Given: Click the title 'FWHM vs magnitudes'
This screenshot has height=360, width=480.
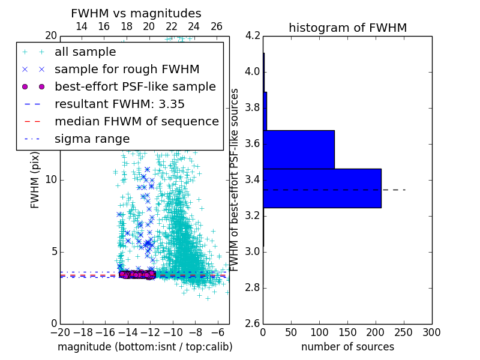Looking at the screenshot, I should (x=136, y=14).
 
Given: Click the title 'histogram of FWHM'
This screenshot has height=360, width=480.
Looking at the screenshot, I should (x=347, y=28).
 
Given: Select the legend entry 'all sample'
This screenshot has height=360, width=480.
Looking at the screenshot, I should (x=85, y=52).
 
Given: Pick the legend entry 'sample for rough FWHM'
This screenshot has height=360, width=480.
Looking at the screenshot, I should (x=127, y=70).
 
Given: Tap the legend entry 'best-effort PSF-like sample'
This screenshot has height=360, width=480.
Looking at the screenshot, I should (x=135, y=86).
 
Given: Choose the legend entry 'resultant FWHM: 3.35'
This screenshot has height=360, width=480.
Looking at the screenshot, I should (x=119, y=104).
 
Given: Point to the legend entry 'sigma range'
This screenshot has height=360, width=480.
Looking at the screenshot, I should (x=92, y=139).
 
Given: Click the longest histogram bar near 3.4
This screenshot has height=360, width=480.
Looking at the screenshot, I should (x=322, y=188).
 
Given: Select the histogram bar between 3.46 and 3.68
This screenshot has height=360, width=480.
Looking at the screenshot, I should (x=298, y=149).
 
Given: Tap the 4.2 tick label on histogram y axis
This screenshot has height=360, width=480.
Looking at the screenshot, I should (x=253, y=35).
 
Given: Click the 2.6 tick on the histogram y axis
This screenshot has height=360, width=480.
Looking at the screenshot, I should (x=253, y=323).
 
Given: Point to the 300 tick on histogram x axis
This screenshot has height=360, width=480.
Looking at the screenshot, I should (x=431, y=332).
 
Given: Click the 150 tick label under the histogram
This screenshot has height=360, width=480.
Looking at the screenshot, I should (x=347, y=332).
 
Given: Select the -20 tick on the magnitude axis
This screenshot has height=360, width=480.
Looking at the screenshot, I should (x=60, y=332).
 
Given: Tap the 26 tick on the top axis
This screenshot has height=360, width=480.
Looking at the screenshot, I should (x=217, y=26).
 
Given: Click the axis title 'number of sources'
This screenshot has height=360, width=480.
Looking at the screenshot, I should (x=347, y=347).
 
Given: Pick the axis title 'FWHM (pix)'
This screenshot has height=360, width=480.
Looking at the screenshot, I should (x=35, y=179).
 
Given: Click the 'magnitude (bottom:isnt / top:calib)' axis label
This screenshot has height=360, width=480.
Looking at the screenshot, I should (x=145, y=347).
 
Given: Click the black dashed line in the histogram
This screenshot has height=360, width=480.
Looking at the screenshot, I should (x=394, y=190).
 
